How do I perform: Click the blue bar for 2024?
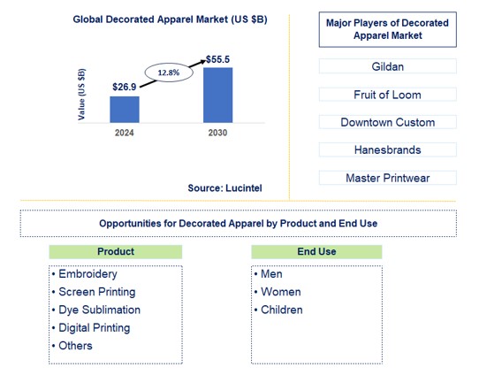coord(125,109)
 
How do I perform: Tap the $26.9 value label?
coord(125,86)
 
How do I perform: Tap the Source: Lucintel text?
coord(224,187)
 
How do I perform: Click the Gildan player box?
coord(387,66)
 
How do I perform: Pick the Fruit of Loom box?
coord(387,95)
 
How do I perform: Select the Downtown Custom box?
coord(387,122)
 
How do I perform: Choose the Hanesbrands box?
coord(387,150)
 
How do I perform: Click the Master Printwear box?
coord(387,178)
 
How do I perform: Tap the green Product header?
coord(115,252)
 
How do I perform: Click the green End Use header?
coord(316,252)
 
